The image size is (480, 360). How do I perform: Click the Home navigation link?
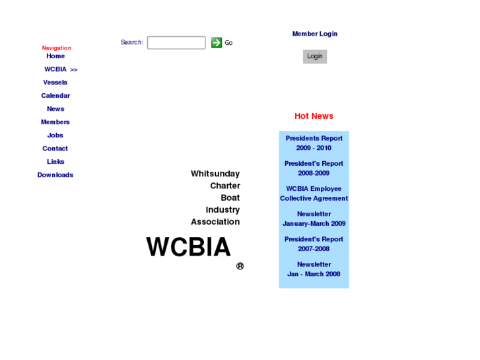pos(55,56)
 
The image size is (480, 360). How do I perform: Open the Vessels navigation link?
pos(55,83)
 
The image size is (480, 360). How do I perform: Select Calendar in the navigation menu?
pos(55,96)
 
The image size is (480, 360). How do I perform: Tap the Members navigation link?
pos(55,122)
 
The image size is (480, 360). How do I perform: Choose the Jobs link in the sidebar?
pos(55,135)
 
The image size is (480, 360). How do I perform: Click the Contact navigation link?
pos(55,149)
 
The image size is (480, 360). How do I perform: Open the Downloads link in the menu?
pos(55,175)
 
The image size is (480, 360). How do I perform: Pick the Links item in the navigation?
pos(55,162)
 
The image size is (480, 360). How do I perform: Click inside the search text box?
pos(176,43)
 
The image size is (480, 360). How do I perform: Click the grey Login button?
pos(315,56)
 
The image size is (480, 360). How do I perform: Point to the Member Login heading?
pos(315,34)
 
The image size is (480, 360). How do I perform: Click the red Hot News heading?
pos(314,116)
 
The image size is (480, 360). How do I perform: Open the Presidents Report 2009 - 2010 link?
pos(314,143)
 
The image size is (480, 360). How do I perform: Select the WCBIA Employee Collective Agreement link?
pos(314,194)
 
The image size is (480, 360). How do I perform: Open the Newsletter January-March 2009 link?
pos(314,219)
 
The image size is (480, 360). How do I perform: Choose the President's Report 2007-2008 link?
pos(314,244)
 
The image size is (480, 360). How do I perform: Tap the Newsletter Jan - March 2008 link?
pos(314,269)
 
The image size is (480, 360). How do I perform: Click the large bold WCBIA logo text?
pos(188,248)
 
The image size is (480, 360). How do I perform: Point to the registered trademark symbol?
pos(240,266)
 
